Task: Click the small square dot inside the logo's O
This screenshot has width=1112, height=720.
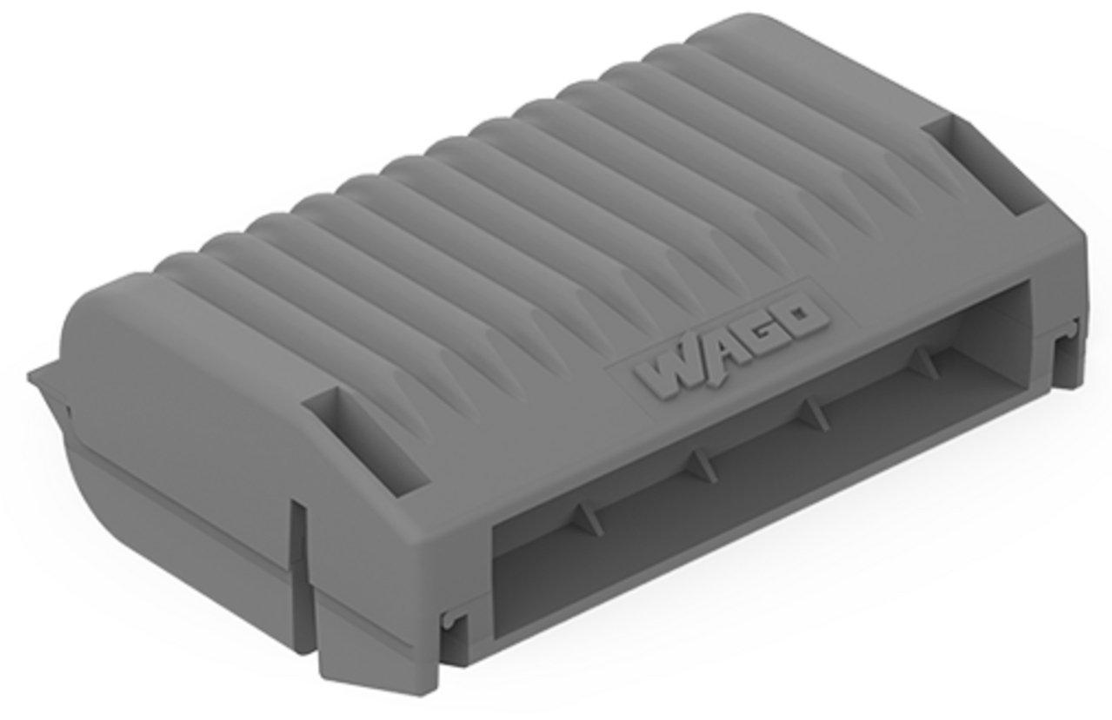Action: pyautogui.click(x=798, y=313)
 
